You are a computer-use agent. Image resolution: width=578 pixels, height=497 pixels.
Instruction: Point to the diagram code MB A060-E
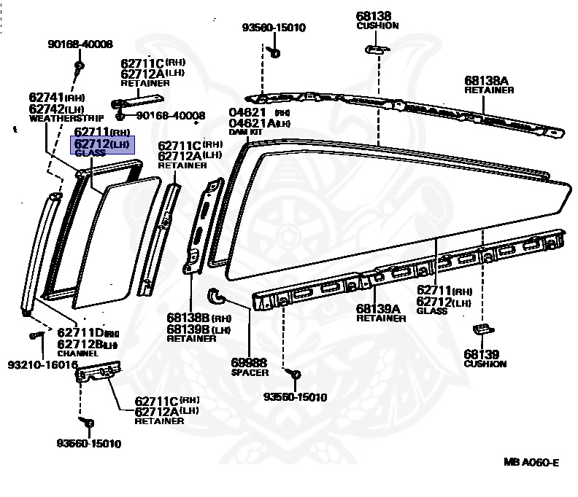click(531, 462)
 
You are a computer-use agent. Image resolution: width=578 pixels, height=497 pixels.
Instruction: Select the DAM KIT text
click(244, 131)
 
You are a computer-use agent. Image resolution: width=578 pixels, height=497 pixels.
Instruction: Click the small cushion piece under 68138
click(375, 49)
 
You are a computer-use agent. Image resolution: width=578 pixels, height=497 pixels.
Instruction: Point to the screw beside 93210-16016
click(34, 336)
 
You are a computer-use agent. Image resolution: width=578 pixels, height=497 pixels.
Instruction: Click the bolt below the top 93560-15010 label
click(274, 51)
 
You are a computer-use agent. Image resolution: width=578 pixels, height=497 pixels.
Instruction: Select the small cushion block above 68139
click(481, 329)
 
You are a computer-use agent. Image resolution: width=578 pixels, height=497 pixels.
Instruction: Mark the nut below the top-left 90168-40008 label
click(79, 66)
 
